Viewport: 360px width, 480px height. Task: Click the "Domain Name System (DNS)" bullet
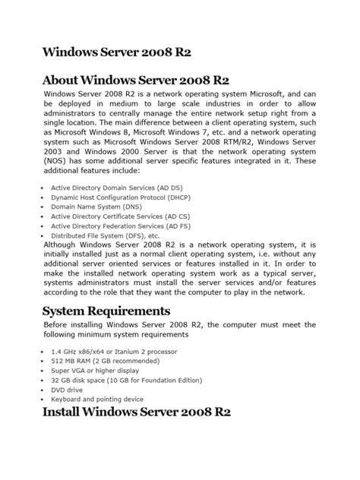pos(86,206)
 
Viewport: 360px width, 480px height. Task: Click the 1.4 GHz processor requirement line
pos(103,352)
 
